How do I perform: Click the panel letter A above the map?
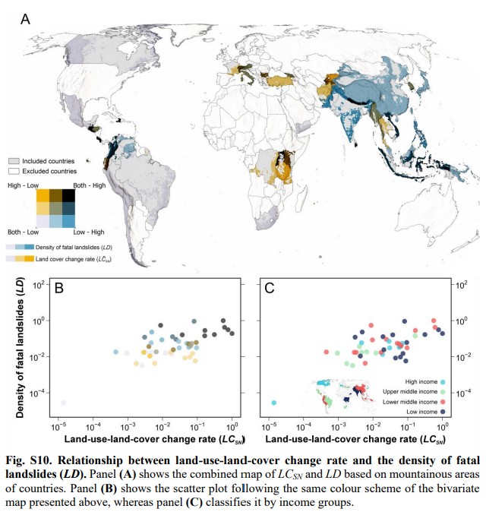(25, 19)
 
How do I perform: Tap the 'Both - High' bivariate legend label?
(89, 185)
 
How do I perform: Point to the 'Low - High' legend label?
(89, 232)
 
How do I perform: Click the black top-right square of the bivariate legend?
(68, 195)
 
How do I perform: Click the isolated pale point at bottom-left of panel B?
(64, 403)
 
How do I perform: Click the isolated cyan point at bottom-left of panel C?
(273, 403)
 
